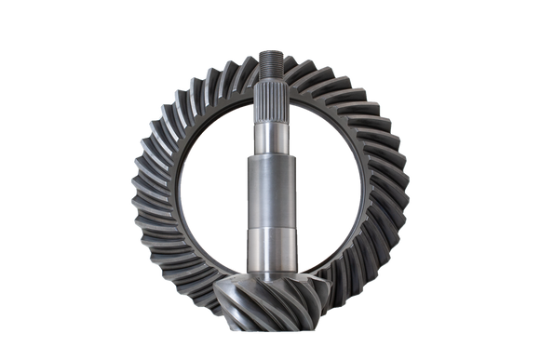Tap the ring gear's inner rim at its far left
coord(177,186)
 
